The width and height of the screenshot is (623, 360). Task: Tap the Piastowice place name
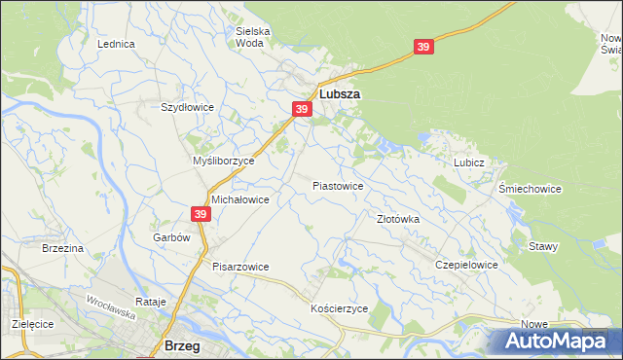coord(338,185)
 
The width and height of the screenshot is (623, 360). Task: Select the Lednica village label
coord(116,45)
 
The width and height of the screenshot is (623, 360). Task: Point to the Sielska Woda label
coord(253,37)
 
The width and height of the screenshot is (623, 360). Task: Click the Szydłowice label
coord(186,108)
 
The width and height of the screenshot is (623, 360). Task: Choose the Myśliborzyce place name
coord(223,161)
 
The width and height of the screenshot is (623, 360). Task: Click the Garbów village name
coord(169,237)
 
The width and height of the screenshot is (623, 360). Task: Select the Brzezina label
coord(63,249)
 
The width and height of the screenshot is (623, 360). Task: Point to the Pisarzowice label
coord(239,267)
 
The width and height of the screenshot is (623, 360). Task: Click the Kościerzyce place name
coord(339,307)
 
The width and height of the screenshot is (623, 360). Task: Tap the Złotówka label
coord(398,220)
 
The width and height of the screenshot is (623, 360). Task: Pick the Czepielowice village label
coord(467,265)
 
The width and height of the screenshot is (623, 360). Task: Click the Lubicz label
coord(468,163)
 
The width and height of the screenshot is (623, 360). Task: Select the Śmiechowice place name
coord(530,189)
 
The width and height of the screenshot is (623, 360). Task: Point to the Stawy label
coord(543,246)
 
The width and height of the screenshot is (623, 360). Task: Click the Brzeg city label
coord(182,345)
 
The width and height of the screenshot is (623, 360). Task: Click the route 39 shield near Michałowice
coord(201,213)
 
